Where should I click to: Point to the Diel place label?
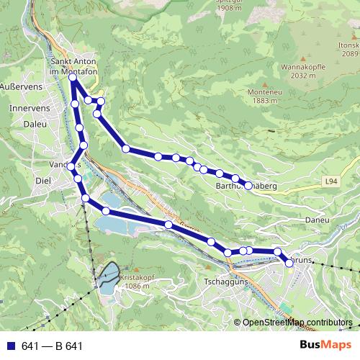(x=43, y=181)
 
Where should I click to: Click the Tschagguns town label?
(x=226, y=282)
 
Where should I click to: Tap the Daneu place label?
(x=317, y=220)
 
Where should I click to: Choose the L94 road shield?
(x=330, y=181)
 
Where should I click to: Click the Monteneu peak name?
(x=266, y=91)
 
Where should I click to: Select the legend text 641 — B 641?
(x=52, y=346)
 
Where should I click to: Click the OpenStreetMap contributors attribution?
(x=297, y=323)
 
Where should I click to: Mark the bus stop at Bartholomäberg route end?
(x=248, y=186)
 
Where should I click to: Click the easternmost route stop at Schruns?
(x=289, y=264)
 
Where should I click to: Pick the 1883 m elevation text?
(x=266, y=101)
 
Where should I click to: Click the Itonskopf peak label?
(x=344, y=44)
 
